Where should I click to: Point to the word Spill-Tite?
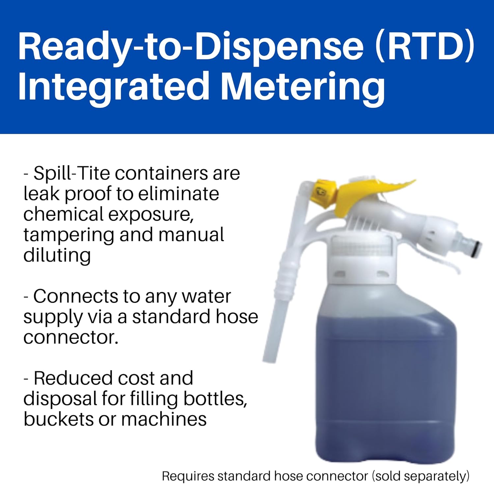point(71,173)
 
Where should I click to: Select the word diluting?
point(57,256)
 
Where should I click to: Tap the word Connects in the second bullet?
point(75,296)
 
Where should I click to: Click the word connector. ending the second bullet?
point(71,337)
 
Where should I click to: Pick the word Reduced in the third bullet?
point(71,378)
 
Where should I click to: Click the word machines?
point(164,419)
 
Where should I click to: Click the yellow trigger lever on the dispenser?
point(369,194)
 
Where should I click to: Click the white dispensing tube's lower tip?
point(268,357)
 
